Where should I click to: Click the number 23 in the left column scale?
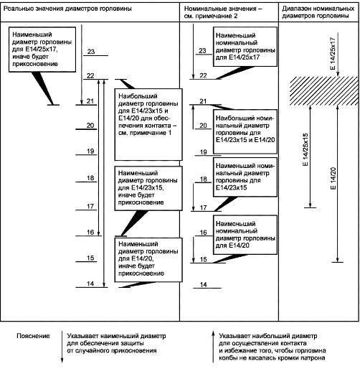click(91, 52)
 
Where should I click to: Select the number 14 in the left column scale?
click(90, 284)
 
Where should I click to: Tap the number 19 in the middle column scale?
click(204, 152)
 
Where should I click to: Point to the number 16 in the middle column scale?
click(203, 233)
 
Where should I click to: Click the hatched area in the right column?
click(323, 90)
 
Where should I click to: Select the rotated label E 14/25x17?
click(333, 53)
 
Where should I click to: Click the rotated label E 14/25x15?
click(305, 149)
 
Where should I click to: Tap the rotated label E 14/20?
click(333, 179)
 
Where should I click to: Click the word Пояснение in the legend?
click(33, 336)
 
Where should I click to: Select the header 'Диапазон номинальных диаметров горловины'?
click(318, 12)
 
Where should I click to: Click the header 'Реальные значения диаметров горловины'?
click(67, 9)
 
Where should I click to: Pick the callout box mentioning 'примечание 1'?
click(148, 124)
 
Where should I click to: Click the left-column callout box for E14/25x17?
click(42, 50)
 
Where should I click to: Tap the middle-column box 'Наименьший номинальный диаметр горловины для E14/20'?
click(245, 235)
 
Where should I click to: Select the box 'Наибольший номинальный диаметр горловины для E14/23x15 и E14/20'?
click(245, 131)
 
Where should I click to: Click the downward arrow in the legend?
click(62, 347)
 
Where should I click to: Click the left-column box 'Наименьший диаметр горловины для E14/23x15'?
click(148, 188)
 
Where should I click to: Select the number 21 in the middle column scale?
click(203, 100)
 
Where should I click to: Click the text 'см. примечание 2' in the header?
click(211, 16)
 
